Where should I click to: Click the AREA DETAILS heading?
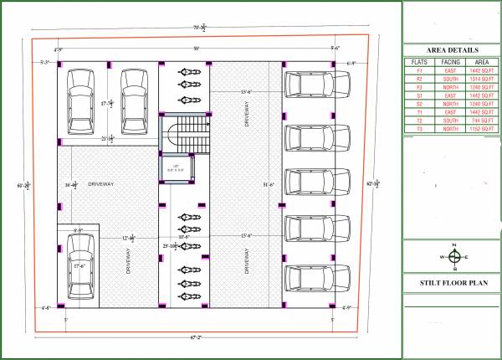452,50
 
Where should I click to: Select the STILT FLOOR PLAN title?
452,284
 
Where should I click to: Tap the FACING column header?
451,62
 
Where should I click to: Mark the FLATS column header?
420,62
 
